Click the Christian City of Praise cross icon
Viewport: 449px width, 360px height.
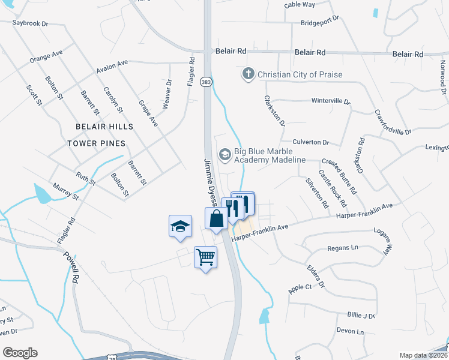point(248,74)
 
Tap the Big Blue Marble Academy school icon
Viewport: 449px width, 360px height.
point(225,155)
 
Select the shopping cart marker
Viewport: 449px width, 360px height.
point(206,257)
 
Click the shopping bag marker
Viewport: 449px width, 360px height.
point(216,218)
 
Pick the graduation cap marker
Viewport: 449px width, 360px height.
point(181,226)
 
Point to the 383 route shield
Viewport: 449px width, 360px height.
point(206,82)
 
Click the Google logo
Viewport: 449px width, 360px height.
point(20,353)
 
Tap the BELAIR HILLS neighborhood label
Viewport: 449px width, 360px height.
point(104,127)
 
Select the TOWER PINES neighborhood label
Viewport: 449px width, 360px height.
point(96,143)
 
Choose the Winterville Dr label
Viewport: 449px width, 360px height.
point(331,101)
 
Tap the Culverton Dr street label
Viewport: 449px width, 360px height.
point(311,142)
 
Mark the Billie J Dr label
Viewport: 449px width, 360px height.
point(361,316)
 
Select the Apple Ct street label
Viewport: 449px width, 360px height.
point(300,289)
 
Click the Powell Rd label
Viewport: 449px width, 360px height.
point(71,267)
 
